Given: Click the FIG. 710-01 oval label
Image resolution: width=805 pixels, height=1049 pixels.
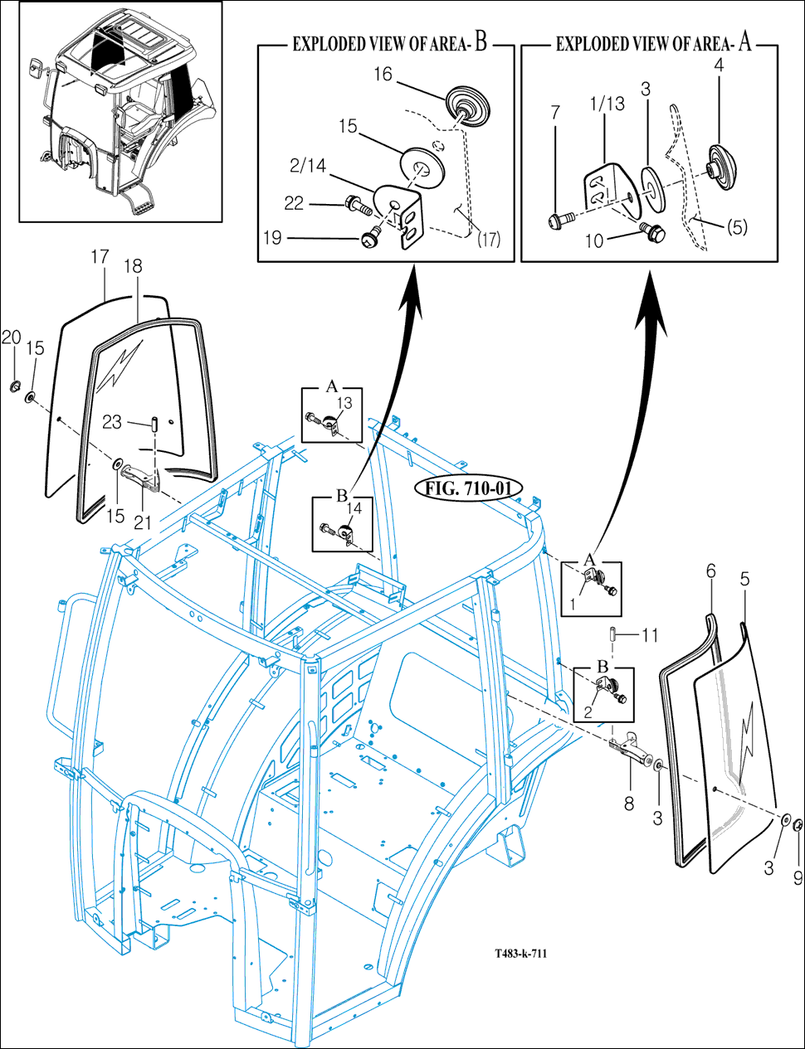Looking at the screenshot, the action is (x=468, y=489).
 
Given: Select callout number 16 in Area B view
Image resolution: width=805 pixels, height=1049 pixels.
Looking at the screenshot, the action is (x=383, y=75).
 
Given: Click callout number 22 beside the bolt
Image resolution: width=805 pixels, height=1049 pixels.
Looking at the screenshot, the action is (x=294, y=204).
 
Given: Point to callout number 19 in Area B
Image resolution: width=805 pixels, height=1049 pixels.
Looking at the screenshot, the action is (x=272, y=238).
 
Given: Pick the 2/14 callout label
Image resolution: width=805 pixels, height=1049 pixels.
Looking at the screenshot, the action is (x=308, y=166).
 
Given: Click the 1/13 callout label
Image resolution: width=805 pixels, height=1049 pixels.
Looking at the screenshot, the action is (x=607, y=104).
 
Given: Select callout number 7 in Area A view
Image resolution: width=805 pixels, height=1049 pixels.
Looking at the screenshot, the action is (x=555, y=113).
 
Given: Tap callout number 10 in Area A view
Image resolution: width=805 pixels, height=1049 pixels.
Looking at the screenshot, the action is (x=594, y=240).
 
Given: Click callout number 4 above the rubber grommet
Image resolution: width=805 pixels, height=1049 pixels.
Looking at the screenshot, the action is (x=719, y=66).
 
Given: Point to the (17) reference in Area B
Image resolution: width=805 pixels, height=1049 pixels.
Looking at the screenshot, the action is (x=489, y=240).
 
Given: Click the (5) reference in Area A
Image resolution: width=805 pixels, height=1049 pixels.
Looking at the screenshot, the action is (x=738, y=227).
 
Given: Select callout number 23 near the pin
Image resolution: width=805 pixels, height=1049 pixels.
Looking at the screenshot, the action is (x=112, y=422).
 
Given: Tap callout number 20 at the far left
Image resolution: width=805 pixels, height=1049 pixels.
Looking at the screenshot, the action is (x=12, y=338).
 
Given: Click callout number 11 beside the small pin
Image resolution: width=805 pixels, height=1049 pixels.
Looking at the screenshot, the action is (x=650, y=636).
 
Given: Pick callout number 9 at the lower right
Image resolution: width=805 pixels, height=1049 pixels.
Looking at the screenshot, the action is (x=798, y=878).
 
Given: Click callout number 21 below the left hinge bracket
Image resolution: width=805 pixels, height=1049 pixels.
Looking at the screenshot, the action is (x=143, y=522).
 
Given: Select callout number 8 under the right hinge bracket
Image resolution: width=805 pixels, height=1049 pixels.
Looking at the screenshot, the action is (x=629, y=804).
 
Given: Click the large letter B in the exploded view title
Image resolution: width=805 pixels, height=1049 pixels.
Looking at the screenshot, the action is (x=481, y=42).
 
